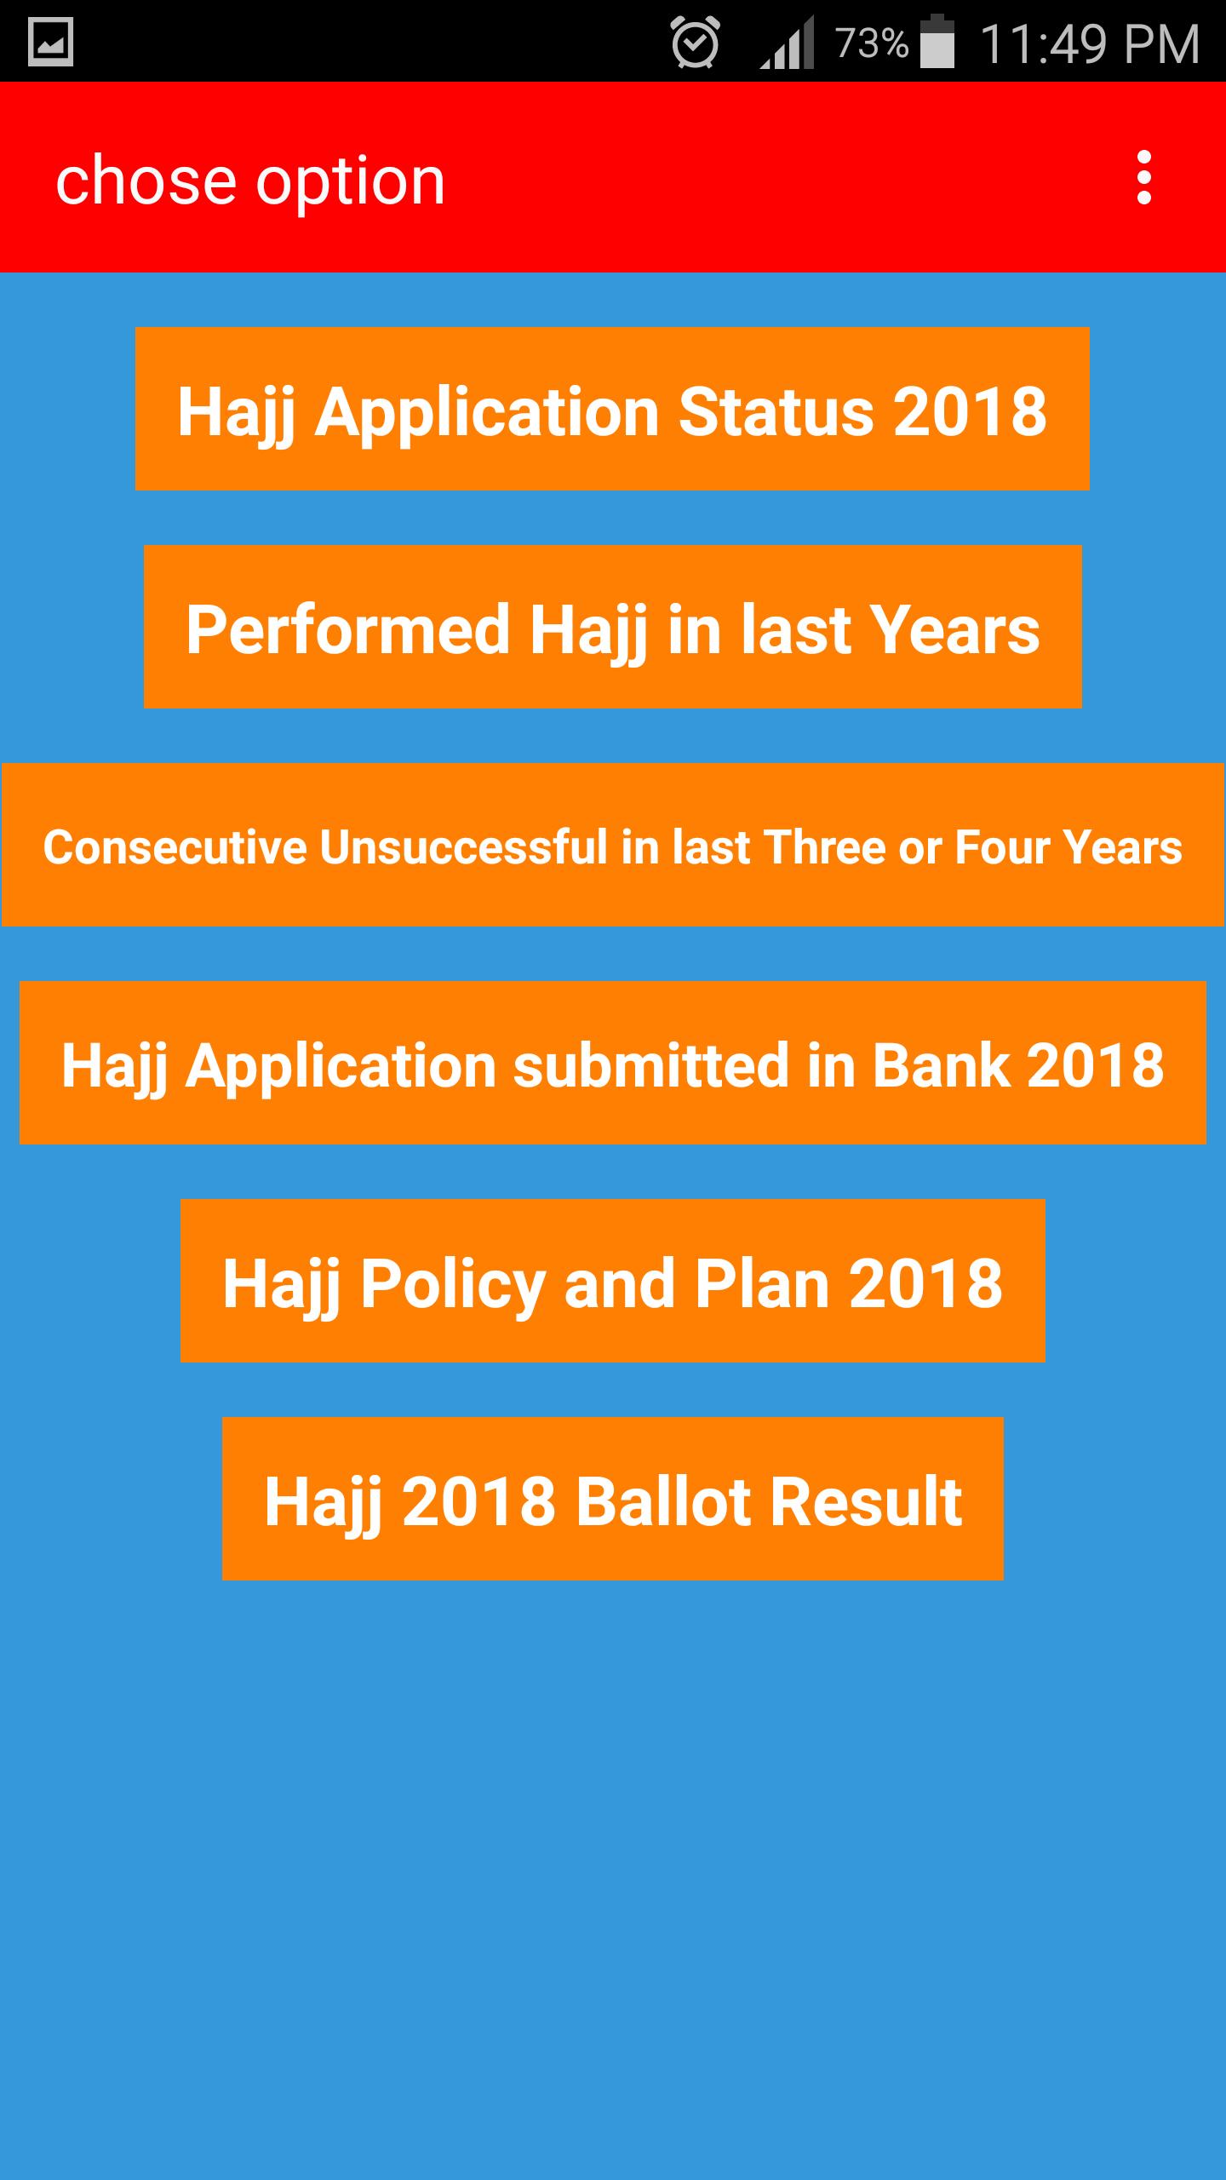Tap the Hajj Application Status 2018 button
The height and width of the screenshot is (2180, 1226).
point(612,409)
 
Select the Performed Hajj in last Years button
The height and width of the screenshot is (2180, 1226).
point(613,627)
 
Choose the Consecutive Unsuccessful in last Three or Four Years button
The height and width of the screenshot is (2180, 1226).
point(613,845)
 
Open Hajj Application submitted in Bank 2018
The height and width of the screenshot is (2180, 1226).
point(613,1063)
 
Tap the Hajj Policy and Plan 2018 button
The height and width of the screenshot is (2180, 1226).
point(613,1281)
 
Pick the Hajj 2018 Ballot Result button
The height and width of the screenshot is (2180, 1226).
point(613,1499)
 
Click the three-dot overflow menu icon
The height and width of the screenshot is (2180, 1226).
point(1144,178)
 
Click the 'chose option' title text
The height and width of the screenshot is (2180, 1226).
point(250,181)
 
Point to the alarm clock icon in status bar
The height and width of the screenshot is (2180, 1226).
point(696,42)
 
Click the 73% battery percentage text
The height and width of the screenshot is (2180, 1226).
point(871,43)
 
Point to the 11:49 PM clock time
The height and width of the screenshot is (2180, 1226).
point(1090,43)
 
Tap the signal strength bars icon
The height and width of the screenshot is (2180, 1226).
point(787,44)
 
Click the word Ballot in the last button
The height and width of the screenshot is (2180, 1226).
point(662,1501)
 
